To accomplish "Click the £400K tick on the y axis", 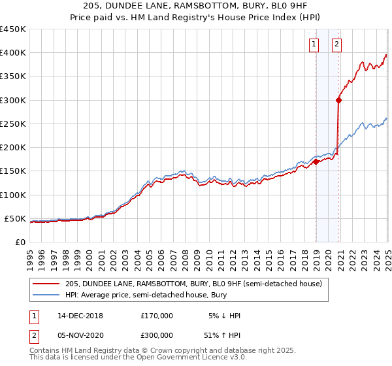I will pos(13,53).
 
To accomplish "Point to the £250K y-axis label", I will pos(13,124).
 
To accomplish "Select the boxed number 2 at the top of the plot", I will pos(336,44).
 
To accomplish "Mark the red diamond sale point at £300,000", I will pos(339,100).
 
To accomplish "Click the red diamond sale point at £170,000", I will pos(316,161).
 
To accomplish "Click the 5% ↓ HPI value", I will pos(224,316).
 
